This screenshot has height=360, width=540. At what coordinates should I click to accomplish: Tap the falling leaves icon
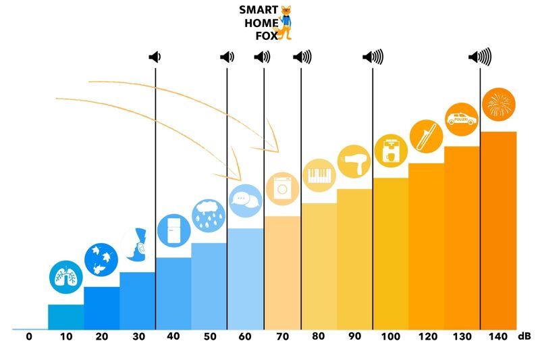101,259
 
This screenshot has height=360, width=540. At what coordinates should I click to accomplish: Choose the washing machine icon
281,188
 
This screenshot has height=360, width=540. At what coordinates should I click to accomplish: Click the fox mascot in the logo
287,22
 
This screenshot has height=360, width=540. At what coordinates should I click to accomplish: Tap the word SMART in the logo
258,10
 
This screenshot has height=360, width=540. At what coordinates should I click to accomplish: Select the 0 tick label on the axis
29,336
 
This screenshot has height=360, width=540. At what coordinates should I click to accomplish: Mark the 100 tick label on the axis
390,336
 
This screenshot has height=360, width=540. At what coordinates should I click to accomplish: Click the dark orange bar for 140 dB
498,230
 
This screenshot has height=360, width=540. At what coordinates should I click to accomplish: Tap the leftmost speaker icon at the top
155,57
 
